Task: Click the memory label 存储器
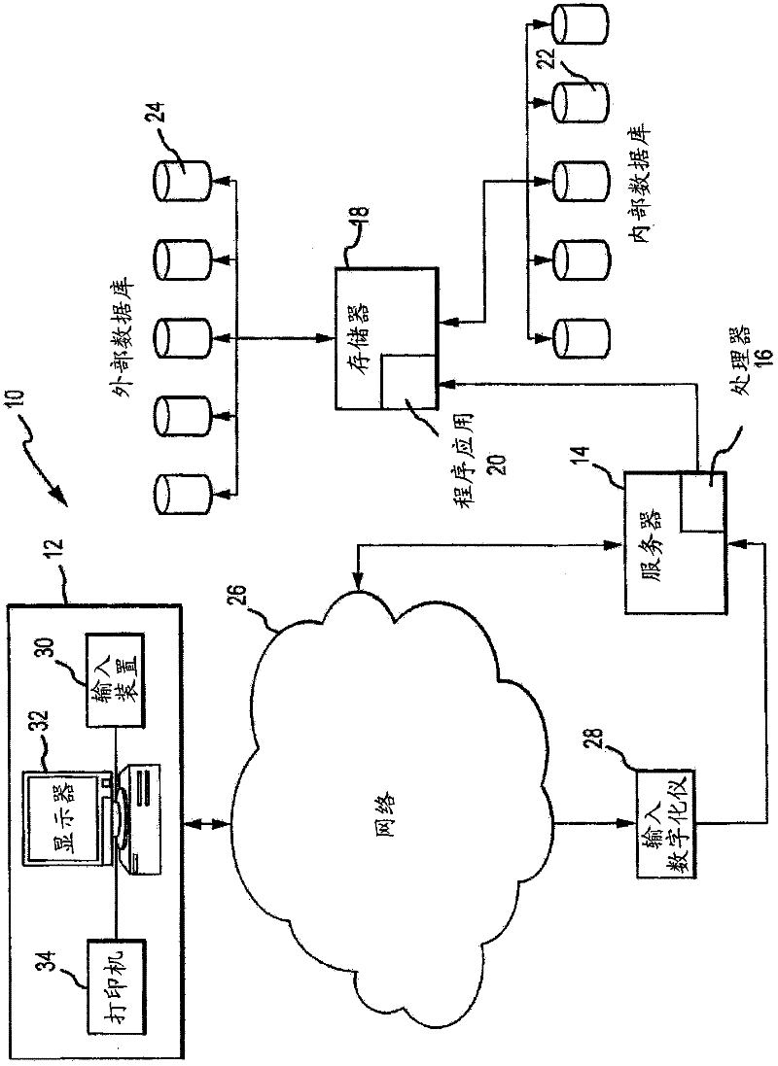tap(364, 311)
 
